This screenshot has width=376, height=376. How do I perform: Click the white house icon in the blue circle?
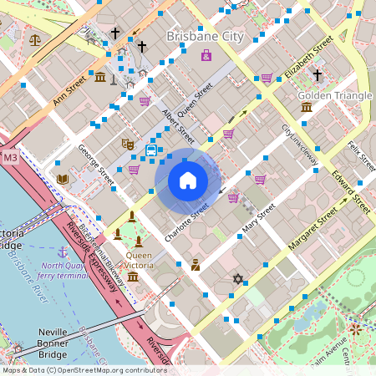tap(188, 180)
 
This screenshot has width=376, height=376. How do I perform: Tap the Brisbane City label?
tap(205, 37)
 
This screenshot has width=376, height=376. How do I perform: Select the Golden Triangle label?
tap(334, 95)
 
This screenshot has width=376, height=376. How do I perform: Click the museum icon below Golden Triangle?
tap(307, 107)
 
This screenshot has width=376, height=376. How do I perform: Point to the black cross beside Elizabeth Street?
tap(317, 75)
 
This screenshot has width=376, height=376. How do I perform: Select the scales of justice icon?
tap(34, 39)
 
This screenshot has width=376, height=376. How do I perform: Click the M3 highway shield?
tap(10, 157)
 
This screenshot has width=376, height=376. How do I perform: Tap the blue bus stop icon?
tap(151, 150)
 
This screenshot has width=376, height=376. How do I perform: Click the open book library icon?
tap(62, 179)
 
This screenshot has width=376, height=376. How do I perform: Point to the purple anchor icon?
tap(62, 251)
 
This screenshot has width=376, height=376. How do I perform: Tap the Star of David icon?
tap(237, 278)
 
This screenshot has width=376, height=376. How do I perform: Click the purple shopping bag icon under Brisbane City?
tap(206, 56)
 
